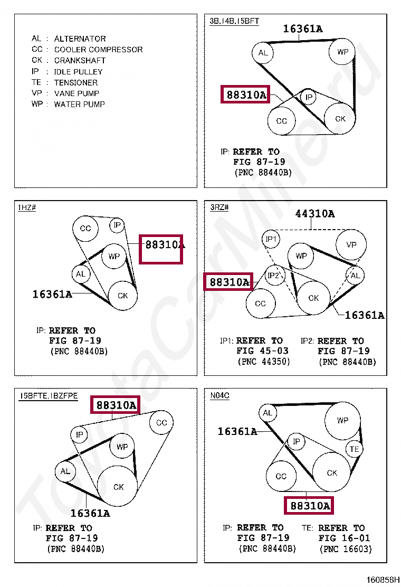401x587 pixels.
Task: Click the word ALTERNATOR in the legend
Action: click(x=80, y=39)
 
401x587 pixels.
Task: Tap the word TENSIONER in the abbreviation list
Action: click(x=75, y=82)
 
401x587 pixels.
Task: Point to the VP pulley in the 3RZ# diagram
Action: click(x=351, y=244)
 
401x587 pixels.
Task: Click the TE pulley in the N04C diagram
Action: click(x=354, y=449)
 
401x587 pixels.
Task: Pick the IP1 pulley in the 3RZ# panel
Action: click(x=271, y=239)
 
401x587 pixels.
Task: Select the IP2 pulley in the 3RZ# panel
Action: click(x=274, y=275)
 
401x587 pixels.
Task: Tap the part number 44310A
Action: click(x=315, y=214)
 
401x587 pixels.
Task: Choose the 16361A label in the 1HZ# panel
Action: click(x=52, y=294)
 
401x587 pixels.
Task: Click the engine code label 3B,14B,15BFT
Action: click(x=234, y=21)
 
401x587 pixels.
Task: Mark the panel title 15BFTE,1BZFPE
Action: click(x=49, y=396)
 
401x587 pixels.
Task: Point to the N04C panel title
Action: click(x=219, y=395)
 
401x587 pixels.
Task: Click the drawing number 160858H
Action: click(x=383, y=580)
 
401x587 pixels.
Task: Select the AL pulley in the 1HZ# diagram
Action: click(x=81, y=274)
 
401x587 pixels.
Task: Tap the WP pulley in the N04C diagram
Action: click(x=342, y=420)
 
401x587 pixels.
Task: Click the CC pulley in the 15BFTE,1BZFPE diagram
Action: click(x=161, y=423)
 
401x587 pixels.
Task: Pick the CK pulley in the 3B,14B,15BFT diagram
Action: click(x=340, y=118)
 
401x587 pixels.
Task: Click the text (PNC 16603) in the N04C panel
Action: click(x=346, y=549)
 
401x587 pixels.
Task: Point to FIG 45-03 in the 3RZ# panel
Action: click(x=263, y=351)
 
